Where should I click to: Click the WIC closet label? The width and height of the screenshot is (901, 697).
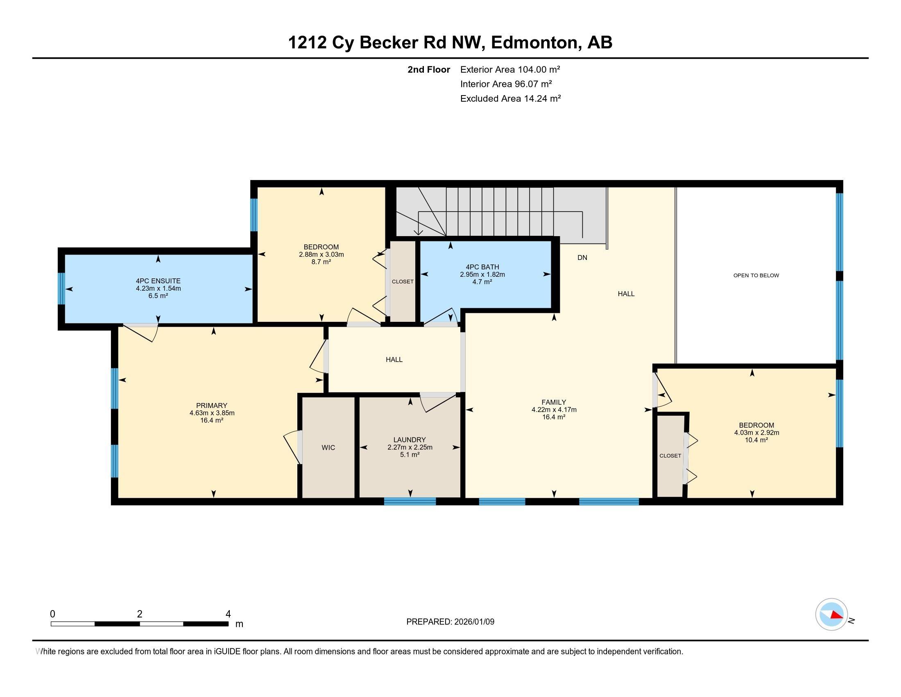pyautogui.click(x=328, y=447)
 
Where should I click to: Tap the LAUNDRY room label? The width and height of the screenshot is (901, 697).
pyautogui.click(x=409, y=440)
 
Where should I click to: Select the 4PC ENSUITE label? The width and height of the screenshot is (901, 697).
pyautogui.click(x=158, y=281)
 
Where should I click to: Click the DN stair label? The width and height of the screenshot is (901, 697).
pyautogui.click(x=582, y=257)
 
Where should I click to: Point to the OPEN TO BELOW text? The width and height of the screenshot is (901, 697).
pyautogui.click(x=756, y=276)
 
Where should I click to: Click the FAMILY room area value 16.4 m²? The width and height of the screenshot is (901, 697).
pyautogui.click(x=554, y=417)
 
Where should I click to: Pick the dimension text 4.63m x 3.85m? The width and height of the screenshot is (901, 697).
pyautogui.click(x=212, y=413)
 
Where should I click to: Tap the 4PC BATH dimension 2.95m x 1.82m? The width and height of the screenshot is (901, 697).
pyautogui.click(x=482, y=274)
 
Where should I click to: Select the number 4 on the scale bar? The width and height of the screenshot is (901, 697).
pyautogui.click(x=228, y=614)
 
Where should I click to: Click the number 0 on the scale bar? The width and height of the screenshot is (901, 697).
pyautogui.click(x=52, y=614)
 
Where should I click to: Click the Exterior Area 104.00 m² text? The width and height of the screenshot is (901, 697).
pyautogui.click(x=510, y=69)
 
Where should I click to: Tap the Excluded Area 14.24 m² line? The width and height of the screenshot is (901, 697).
pyautogui.click(x=510, y=98)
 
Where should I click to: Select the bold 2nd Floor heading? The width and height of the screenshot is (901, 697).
pyautogui.click(x=429, y=69)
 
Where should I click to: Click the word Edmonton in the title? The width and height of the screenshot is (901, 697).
pyautogui.click(x=534, y=42)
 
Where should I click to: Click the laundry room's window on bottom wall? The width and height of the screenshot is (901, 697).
pyautogui.click(x=410, y=501)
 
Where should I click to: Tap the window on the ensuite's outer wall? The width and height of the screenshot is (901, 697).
pyautogui.click(x=61, y=288)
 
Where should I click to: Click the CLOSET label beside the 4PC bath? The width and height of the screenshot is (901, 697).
pyautogui.click(x=402, y=282)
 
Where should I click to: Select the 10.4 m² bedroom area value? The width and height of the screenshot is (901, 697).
pyautogui.click(x=756, y=440)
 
